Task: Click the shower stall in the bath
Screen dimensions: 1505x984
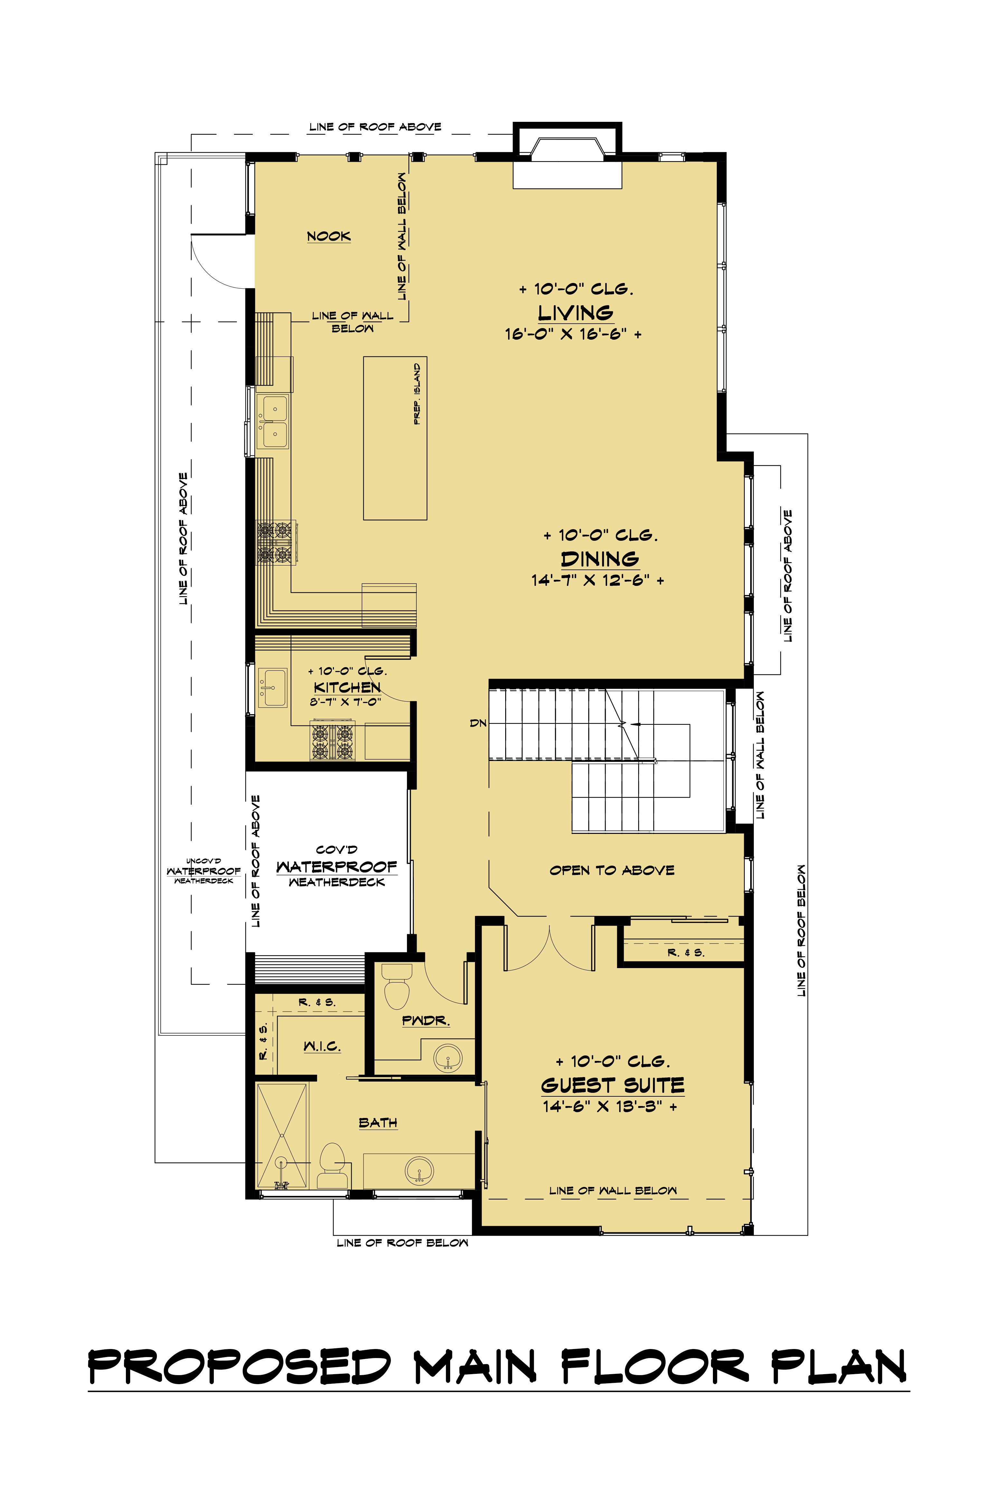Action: click(282, 1136)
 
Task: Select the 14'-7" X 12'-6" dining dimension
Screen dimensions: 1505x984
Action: click(597, 580)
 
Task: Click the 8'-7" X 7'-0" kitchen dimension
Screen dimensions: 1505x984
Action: click(345, 702)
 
